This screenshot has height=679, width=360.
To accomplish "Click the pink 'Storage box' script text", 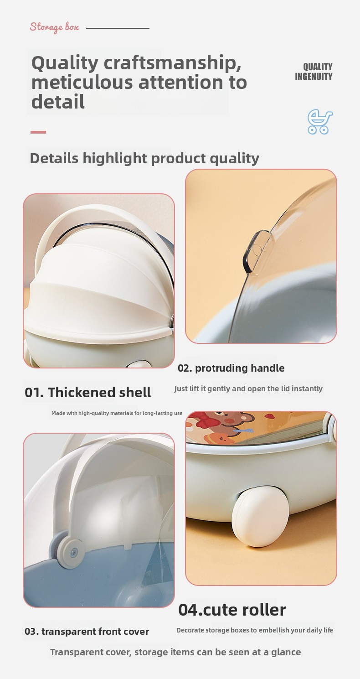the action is [55, 27].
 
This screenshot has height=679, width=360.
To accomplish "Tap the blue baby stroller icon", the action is [320, 122].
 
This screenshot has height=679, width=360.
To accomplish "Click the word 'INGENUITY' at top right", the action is [314, 77].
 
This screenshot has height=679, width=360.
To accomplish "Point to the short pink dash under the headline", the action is [38, 132].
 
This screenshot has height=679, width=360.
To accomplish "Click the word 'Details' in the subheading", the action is [54, 158].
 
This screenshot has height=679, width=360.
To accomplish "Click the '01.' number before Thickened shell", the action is [34, 392].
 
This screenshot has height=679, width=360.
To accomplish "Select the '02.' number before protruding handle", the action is [185, 368].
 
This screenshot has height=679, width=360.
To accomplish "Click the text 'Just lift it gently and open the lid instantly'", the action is [248, 389].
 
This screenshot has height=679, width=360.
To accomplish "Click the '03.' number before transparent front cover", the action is [32, 632].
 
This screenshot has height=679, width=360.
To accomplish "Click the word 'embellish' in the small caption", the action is [274, 630].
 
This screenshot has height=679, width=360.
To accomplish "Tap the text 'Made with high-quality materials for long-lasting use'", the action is [117, 413].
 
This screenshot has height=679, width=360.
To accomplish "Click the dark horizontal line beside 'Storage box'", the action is [118, 28].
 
